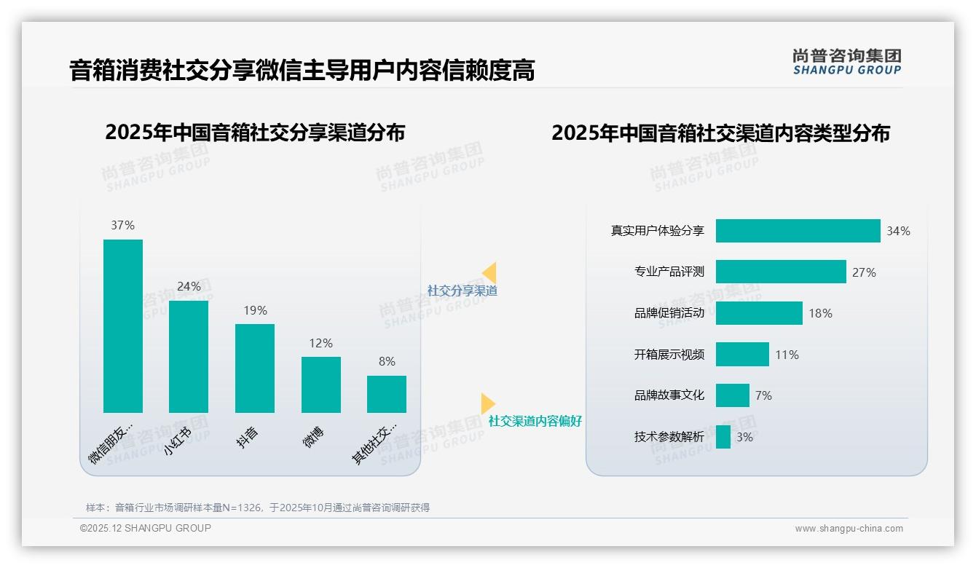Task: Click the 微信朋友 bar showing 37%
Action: click(123, 326)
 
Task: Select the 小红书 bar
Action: click(189, 356)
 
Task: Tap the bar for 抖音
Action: click(255, 368)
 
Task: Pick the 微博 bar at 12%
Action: click(320, 384)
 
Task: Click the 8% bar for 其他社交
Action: click(387, 394)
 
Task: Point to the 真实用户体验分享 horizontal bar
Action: click(798, 231)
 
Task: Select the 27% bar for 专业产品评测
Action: click(781, 272)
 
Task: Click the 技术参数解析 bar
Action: click(723, 437)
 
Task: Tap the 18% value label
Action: click(820, 313)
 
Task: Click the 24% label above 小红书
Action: click(189, 286)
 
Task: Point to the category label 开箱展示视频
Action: click(669, 355)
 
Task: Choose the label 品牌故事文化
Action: click(669, 395)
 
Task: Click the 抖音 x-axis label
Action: click(248, 437)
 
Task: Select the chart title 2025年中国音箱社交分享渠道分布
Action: click(255, 133)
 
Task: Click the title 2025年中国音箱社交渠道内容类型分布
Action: click(720, 133)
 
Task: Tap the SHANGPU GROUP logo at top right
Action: click(847, 62)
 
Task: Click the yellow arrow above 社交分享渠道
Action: click(489, 272)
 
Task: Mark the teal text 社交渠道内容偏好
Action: click(535, 421)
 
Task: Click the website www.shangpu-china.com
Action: click(849, 529)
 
